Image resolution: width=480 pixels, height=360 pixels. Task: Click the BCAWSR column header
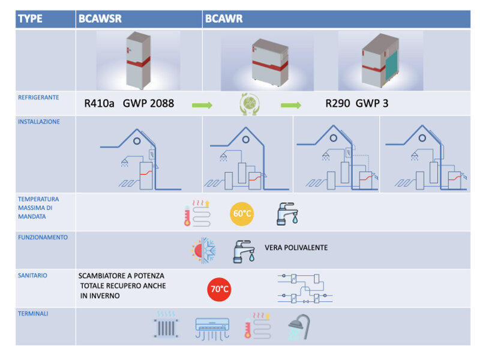(x=100, y=19)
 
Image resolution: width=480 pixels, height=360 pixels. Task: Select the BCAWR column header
(x=224, y=19)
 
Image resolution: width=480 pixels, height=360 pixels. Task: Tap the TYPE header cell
(x=31, y=19)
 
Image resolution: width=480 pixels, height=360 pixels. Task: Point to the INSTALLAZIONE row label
(x=39, y=121)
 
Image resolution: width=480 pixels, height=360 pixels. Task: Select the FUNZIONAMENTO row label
(x=43, y=237)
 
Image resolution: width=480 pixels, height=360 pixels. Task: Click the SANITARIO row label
(x=32, y=275)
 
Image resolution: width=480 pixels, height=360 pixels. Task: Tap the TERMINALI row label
(x=33, y=313)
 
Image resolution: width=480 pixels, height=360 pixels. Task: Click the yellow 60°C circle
(x=241, y=213)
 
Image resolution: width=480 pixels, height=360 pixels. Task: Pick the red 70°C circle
(x=219, y=289)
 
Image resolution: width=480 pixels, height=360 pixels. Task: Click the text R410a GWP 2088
(x=130, y=104)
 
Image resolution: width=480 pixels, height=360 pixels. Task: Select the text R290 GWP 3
(x=357, y=104)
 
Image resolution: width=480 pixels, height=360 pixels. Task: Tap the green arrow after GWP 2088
(x=202, y=106)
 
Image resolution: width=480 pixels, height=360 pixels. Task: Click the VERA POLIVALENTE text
(x=296, y=248)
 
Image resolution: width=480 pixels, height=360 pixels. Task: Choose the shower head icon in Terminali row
(x=298, y=328)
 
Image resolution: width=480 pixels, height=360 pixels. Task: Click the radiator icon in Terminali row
(x=166, y=326)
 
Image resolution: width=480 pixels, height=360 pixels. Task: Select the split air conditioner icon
(x=212, y=328)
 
